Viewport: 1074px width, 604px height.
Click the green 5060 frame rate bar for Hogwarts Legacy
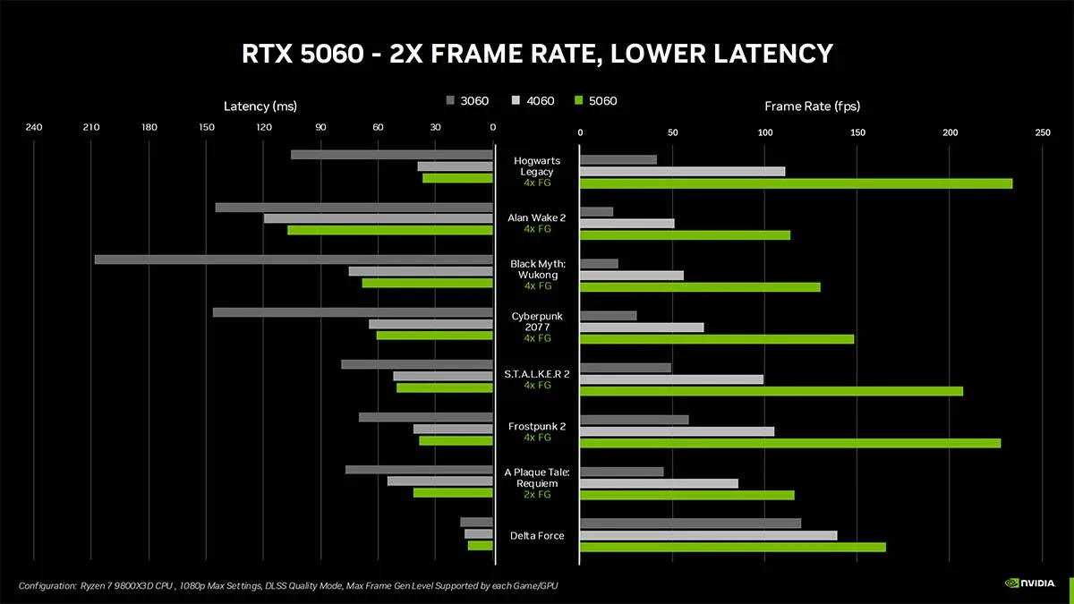(796, 183)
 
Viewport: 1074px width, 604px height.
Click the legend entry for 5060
(596, 101)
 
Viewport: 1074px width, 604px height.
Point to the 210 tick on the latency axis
(91, 127)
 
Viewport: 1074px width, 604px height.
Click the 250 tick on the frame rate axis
(1043, 132)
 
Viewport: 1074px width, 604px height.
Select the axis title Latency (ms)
(260, 106)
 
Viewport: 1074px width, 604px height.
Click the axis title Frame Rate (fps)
(812, 106)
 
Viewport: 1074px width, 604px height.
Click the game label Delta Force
(537, 535)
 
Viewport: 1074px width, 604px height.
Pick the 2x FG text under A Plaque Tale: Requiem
(537, 494)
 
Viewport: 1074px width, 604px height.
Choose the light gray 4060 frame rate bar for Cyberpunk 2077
(642, 328)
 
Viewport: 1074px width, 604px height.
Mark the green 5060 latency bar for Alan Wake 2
(390, 230)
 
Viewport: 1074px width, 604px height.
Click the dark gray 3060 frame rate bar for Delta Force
(690, 523)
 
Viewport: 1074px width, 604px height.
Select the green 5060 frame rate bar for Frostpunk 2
(790, 443)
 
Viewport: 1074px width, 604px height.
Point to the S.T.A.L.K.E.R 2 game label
(537, 373)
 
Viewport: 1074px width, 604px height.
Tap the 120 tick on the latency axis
(264, 127)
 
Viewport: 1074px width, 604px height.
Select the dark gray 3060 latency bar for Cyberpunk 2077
(353, 312)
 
